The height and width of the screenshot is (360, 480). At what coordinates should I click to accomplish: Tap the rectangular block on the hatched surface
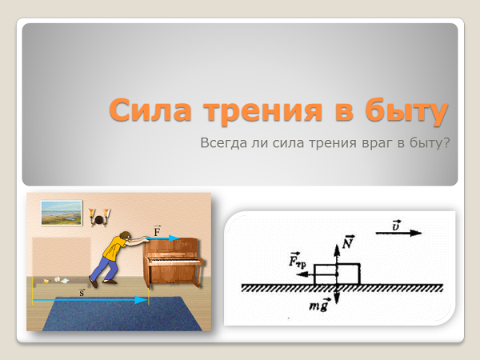(x=338, y=273)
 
